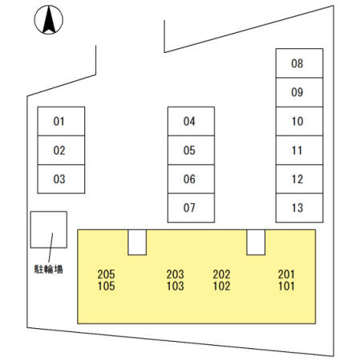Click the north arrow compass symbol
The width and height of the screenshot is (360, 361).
tap(49, 20)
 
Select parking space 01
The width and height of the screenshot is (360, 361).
tap(61, 121)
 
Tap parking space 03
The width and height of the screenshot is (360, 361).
tap(61, 179)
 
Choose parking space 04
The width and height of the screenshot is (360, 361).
tap(191, 121)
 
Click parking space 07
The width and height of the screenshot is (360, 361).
tap(191, 208)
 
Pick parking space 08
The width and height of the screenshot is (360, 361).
tap(299, 63)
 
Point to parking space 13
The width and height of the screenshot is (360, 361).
tap(299, 208)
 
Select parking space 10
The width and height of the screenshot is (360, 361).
tap(299, 121)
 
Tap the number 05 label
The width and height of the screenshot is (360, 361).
tap(189, 150)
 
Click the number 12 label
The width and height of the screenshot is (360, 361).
tap(297, 179)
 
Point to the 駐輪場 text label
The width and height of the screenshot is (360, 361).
tap(48, 269)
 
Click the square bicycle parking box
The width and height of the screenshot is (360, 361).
tap(49, 229)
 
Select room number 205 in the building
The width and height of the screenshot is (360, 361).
tap(106, 274)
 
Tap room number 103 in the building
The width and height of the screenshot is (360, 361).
tap(176, 286)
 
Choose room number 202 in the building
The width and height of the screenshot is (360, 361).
tap(221, 274)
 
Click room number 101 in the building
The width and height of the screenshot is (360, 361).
tap(286, 286)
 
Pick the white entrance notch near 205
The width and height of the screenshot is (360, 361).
tap(137, 242)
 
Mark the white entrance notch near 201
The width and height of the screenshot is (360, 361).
tap(256, 242)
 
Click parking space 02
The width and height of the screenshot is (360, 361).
tap(61, 150)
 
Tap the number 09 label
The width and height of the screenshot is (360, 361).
tap(297, 92)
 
